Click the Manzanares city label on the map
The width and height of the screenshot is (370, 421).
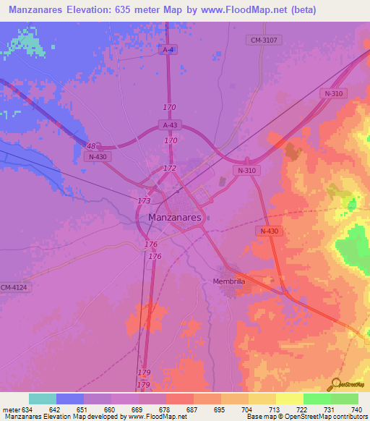tap(175, 216)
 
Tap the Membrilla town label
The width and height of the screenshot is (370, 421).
tap(231, 281)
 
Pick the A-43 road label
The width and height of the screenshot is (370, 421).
tap(170, 124)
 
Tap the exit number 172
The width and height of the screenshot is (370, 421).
tap(170, 168)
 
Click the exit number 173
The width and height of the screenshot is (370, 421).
tap(144, 200)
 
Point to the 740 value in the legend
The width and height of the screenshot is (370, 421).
tap(356, 410)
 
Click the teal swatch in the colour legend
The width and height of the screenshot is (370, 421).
tap(43, 399)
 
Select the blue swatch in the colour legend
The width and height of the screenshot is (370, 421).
tap(70, 399)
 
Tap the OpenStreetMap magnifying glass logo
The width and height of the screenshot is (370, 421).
tap(336, 383)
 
